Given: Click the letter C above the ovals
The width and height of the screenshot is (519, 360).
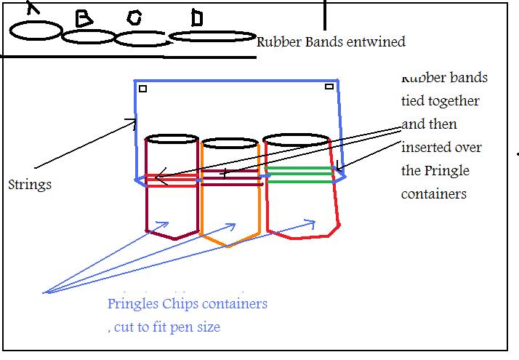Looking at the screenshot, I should coord(133,18).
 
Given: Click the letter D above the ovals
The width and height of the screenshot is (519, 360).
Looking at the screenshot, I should coord(196,18).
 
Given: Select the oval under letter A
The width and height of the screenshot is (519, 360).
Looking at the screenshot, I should coord(36,31).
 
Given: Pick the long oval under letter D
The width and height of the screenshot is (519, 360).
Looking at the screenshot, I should coord(212,36).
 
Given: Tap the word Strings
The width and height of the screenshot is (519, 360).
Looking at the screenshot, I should coord(30,185).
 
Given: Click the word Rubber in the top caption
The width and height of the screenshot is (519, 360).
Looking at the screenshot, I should coord(278,41).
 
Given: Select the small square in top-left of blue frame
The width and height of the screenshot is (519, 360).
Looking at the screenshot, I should coord(143,89).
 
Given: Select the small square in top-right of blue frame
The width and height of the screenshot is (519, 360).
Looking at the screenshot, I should coord(329,87).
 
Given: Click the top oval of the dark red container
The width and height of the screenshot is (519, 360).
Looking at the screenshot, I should coord(172,140).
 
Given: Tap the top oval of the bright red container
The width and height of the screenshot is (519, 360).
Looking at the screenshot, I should coord(297,140).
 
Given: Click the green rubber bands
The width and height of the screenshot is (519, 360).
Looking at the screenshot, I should coord(298,174).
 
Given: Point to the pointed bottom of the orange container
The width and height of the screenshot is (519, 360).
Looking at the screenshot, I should coord(229,245).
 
